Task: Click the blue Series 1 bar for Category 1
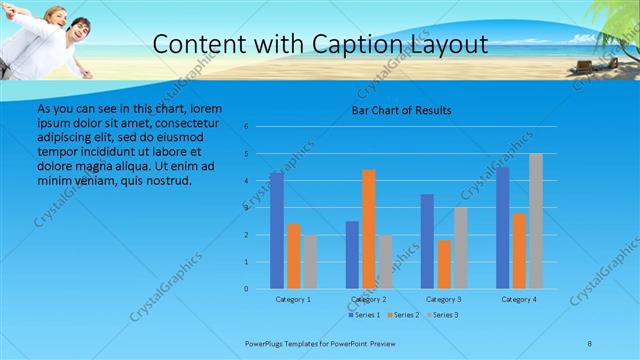click(x=276, y=231)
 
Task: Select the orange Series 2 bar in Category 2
click(x=368, y=229)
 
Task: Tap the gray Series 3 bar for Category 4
click(x=535, y=221)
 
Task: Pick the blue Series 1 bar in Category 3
click(x=427, y=241)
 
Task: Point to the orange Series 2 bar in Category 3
click(x=443, y=264)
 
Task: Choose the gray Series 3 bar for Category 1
click(x=309, y=262)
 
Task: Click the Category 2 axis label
click(x=368, y=299)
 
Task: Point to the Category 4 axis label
click(x=519, y=299)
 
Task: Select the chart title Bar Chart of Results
click(x=401, y=110)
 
